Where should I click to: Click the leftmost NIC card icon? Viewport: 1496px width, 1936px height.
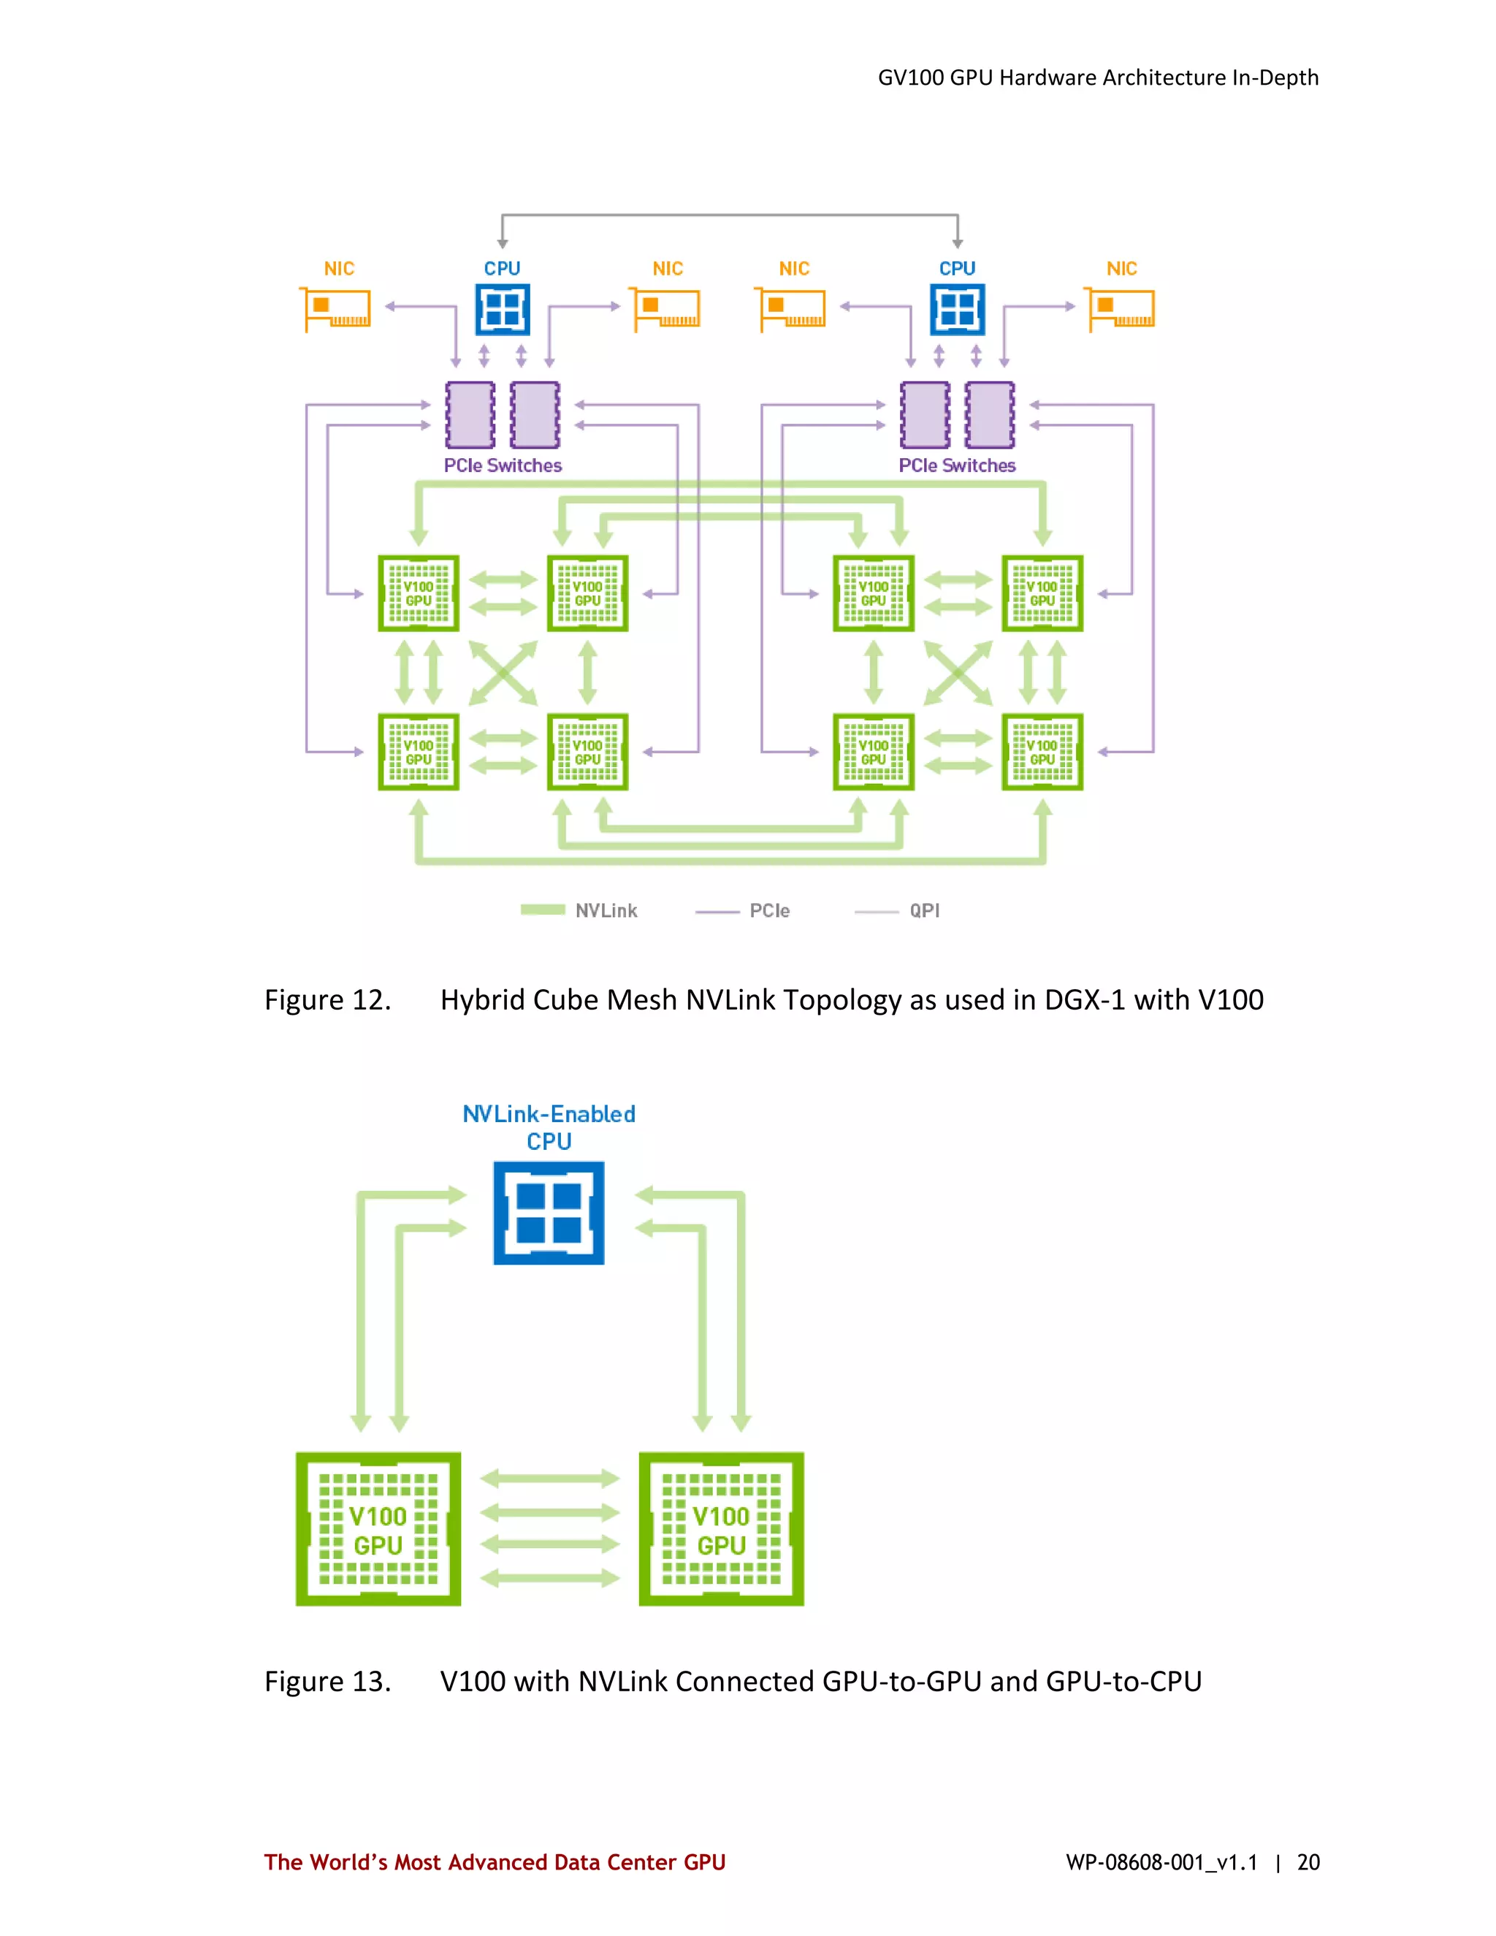(337, 309)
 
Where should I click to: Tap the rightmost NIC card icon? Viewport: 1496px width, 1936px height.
(1121, 309)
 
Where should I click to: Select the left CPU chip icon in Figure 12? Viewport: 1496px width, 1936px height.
(503, 309)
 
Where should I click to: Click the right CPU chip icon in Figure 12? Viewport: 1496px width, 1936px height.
(957, 309)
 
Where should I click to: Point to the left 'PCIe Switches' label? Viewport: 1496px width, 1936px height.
(503, 465)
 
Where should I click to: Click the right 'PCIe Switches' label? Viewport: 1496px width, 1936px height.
(957, 465)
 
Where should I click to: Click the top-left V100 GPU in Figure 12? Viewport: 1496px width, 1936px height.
(419, 593)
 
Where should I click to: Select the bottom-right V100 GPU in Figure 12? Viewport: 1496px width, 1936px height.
(1042, 752)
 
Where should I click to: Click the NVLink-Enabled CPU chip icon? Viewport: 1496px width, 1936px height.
(549, 1213)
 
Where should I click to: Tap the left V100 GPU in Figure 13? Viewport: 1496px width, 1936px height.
(378, 1529)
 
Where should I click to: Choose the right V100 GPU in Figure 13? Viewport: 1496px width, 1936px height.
(722, 1529)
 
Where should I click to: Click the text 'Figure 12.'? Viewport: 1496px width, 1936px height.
(327, 1000)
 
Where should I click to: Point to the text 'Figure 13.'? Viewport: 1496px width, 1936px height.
(327, 1682)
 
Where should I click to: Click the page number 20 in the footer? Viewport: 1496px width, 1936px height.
(1308, 1862)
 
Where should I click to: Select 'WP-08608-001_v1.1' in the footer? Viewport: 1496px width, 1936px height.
(1161, 1862)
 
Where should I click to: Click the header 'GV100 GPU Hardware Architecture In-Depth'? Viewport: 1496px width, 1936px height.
(1098, 78)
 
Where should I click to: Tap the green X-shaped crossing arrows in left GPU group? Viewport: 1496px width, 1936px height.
(503, 673)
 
